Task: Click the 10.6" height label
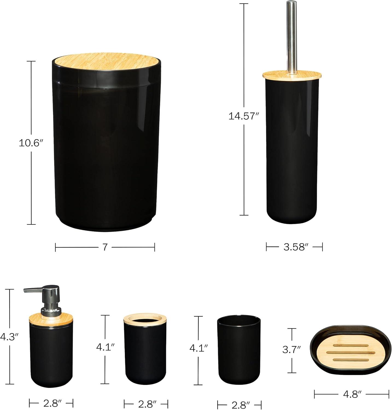[x=30, y=143]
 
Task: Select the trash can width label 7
[x=105, y=247]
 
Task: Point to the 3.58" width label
[x=294, y=247]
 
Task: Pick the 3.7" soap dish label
[x=292, y=350]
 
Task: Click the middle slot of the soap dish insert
[x=350, y=352]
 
